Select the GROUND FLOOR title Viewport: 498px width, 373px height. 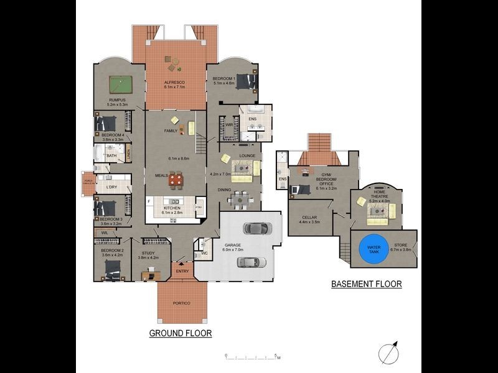click(x=181, y=333)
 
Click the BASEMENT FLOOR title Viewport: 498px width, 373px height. click(x=366, y=284)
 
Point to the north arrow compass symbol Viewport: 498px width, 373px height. click(x=388, y=352)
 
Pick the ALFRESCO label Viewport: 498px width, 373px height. click(x=174, y=83)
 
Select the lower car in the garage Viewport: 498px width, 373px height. click(x=251, y=262)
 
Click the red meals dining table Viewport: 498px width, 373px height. click(x=177, y=180)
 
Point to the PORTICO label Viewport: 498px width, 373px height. click(x=182, y=303)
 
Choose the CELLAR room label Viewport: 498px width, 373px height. click(x=309, y=218)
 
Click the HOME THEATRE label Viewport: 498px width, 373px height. click(x=379, y=196)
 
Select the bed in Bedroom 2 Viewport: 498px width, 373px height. click(x=113, y=269)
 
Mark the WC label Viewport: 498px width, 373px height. click(x=205, y=254)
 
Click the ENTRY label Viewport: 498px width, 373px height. click(x=182, y=270)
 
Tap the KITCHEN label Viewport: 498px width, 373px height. click(x=171, y=208)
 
